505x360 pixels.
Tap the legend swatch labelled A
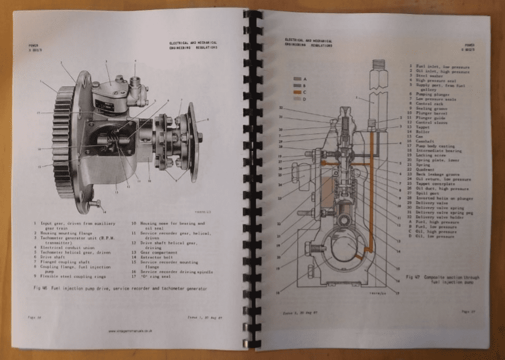pyautogui.click(x=299, y=78)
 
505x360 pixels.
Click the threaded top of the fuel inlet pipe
pyautogui.click(x=377, y=65)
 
